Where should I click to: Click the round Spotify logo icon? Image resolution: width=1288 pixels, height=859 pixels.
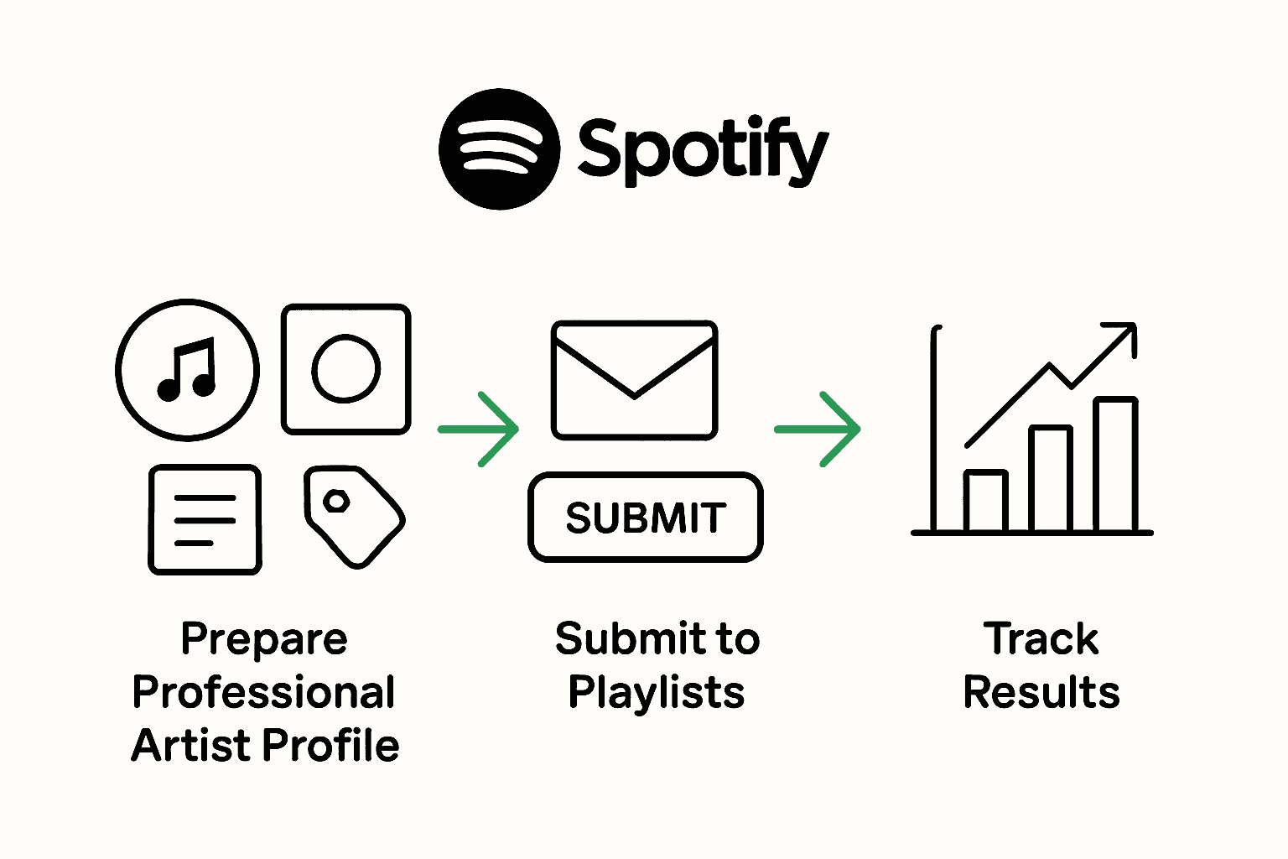pyautogui.click(x=499, y=148)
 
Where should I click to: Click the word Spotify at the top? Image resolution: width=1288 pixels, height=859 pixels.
pyautogui.click(x=703, y=151)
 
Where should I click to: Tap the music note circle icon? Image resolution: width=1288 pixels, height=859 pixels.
pyautogui.click(x=187, y=369)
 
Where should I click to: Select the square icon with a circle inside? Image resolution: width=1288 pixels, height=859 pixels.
pyautogui.click(x=346, y=369)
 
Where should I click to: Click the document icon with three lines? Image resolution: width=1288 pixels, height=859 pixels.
pyautogui.click(x=205, y=519)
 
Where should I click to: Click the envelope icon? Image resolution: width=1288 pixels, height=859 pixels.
pyautogui.click(x=634, y=379)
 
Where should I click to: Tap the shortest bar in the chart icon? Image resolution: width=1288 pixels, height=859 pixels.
pyautogui.click(x=985, y=501)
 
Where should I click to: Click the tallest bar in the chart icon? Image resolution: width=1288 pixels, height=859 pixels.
pyautogui.click(x=1116, y=465)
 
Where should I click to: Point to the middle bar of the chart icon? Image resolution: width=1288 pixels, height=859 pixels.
pyautogui.click(x=1051, y=479)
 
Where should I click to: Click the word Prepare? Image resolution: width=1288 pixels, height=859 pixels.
pyautogui.click(x=264, y=639)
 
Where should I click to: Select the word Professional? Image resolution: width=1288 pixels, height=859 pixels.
pyautogui.click(x=264, y=693)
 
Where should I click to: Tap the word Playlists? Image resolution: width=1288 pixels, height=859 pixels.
pyautogui.click(x=657, y=693)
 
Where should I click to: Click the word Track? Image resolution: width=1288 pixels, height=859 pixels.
pyautogui.click(x=1041, y=639)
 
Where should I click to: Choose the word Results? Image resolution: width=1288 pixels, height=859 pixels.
pyautogui.click(x=1041, y=693)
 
